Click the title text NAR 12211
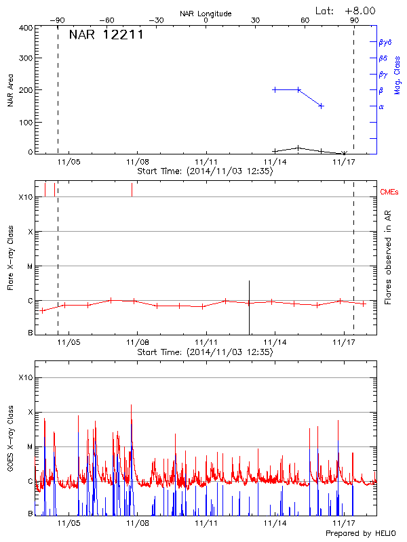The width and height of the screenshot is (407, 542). pyautogui.click(x=106, y=35)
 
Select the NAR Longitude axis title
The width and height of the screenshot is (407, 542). pyautogui.click(x=206, y=14)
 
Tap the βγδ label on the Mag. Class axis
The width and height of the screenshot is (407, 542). pyautogui.click(x=385, y=42)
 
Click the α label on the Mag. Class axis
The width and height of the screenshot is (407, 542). pyautogui.click(x=381, y=106)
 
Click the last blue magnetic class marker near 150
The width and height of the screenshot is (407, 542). pyautogui.click(x=321, y=106)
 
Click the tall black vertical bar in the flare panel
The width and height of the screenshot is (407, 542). pyautogui.click(x=250, y=306)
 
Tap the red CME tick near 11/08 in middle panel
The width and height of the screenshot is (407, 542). pyautogui.click(x=132, y=190)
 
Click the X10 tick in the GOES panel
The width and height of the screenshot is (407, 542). pyautogui.click(x=25, y=377)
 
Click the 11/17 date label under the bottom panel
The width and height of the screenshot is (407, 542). pyautogui.click(x=344, y=523)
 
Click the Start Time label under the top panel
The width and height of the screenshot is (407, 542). pyautogui.click(x=205, y=171)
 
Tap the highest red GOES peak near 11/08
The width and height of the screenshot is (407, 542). pyautogui.click(x=132, y=405)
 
